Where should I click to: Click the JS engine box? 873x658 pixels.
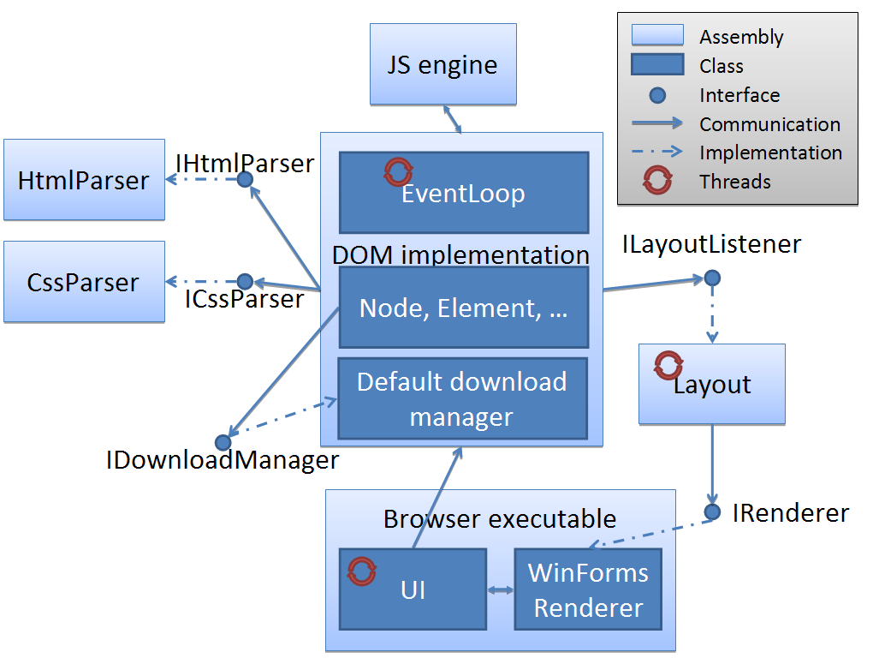click(x=442, y=64)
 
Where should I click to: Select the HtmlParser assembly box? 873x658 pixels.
click(x=84, y=180)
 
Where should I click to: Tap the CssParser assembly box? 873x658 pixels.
click(x=84, y=282)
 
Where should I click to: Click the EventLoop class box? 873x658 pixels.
click(x=464, y=193)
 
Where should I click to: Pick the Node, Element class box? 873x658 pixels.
click(x=464, y=308)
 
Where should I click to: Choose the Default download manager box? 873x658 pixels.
click(x=462, y=398)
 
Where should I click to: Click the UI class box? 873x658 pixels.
click(x=413, y=589)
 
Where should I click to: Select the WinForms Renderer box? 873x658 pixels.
click(x=588, y=589)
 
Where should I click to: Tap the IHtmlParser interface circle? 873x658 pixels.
click(x=245, y=179)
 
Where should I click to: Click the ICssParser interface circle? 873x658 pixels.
click(x=245, y=281)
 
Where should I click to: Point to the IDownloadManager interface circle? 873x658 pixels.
click(x=223, y=442)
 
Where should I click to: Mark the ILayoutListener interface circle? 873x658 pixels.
click(x=711, y=278)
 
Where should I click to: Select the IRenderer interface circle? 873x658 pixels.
click(x=712, y=512)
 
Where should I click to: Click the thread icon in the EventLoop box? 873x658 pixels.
click(x=398, y=171)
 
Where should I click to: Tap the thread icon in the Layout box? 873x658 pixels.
click(x=668, y=365)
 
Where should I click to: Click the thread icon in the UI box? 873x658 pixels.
click(x=362, y=571)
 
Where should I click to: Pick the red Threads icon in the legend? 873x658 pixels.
click(x=657, y=181)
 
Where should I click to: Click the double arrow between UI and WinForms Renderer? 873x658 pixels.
click(x=500, y=589)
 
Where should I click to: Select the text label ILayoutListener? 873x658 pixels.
click(x=712, y=245)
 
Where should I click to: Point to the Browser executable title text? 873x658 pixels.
click(x=500, y=519)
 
